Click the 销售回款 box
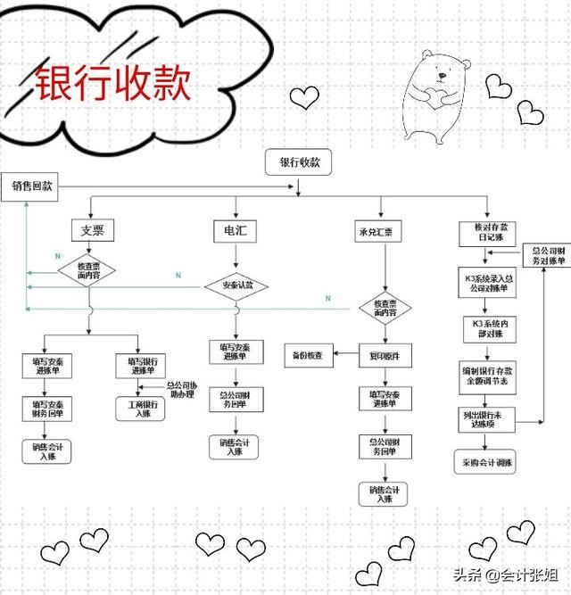click(32, 187)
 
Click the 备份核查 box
click(307, 355)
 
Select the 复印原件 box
click(385, 355)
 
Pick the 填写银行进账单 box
click(140, 367)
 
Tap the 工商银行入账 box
click(140, 409)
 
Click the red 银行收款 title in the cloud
click(112, 85)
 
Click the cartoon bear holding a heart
click(436, 94)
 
